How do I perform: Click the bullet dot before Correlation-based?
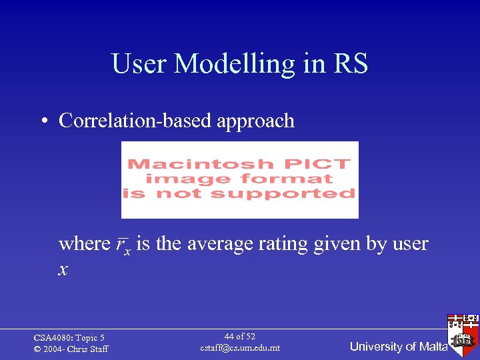point(43,121)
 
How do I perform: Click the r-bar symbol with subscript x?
point(122,245)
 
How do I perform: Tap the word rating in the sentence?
point(277,244)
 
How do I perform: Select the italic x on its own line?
point(63,269)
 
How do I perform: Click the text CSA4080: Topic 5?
point(69,338)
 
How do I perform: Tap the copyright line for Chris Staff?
point(71,349)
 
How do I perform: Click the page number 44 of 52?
point(240,337)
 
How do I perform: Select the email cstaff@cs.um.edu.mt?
point(240,348)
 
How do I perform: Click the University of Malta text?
point(398,347)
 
